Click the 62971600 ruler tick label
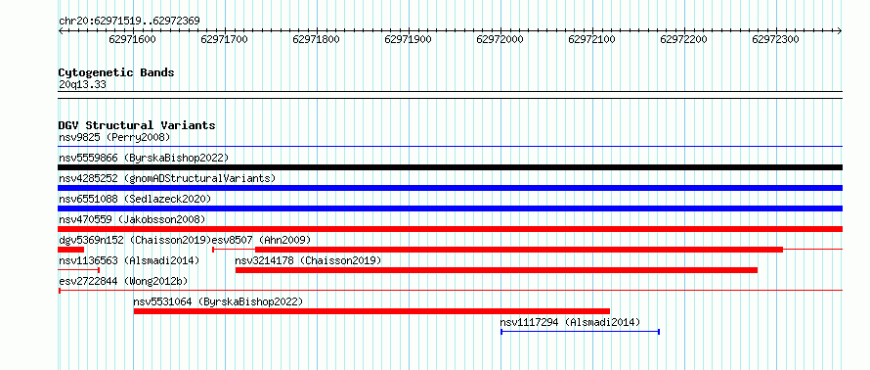133,39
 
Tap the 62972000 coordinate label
500,39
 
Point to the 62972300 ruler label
775,39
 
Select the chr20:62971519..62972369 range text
129,21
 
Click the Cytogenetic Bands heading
116,72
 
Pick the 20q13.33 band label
82,85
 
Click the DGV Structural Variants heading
137,125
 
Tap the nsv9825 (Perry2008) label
114,137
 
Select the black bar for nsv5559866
451,167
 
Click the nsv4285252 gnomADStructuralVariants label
167,178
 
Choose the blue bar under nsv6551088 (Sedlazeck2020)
451,208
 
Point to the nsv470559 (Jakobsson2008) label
132,219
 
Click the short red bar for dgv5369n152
71,250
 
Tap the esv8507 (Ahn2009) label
261,240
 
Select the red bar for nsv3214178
497,270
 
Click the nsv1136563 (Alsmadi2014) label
129,260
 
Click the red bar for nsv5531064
371,311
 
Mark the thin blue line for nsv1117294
580,332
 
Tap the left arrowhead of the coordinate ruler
61,31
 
